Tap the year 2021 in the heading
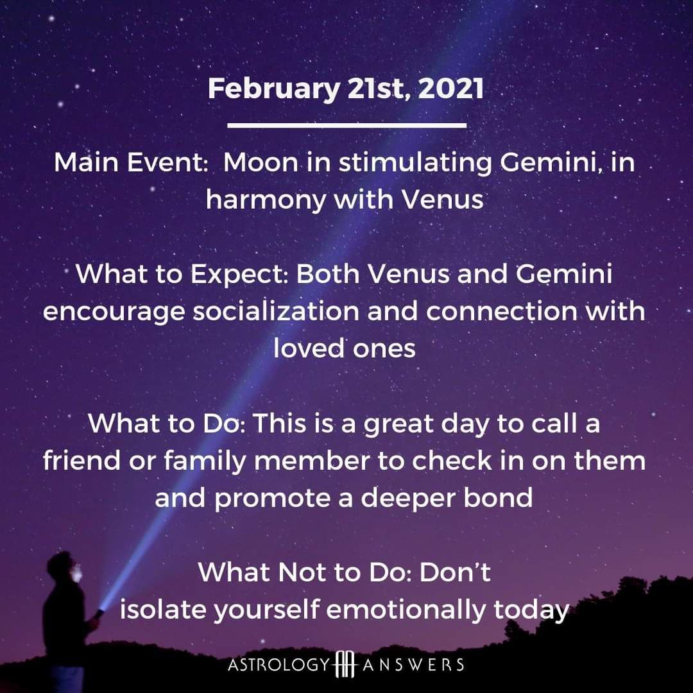[x=451, y=88]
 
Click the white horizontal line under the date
[x=347, y=126]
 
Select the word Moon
[x=261, y=162]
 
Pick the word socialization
[x=276, y=311]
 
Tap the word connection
[x=502, y=312]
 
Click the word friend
[x=81, y=461]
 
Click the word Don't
[x=455, y=572]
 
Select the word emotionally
[x=406, y=611]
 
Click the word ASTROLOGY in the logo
[x=279, y=665]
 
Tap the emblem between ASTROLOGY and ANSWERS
[x=346, y=664]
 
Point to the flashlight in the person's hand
[x=99, y=613]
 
